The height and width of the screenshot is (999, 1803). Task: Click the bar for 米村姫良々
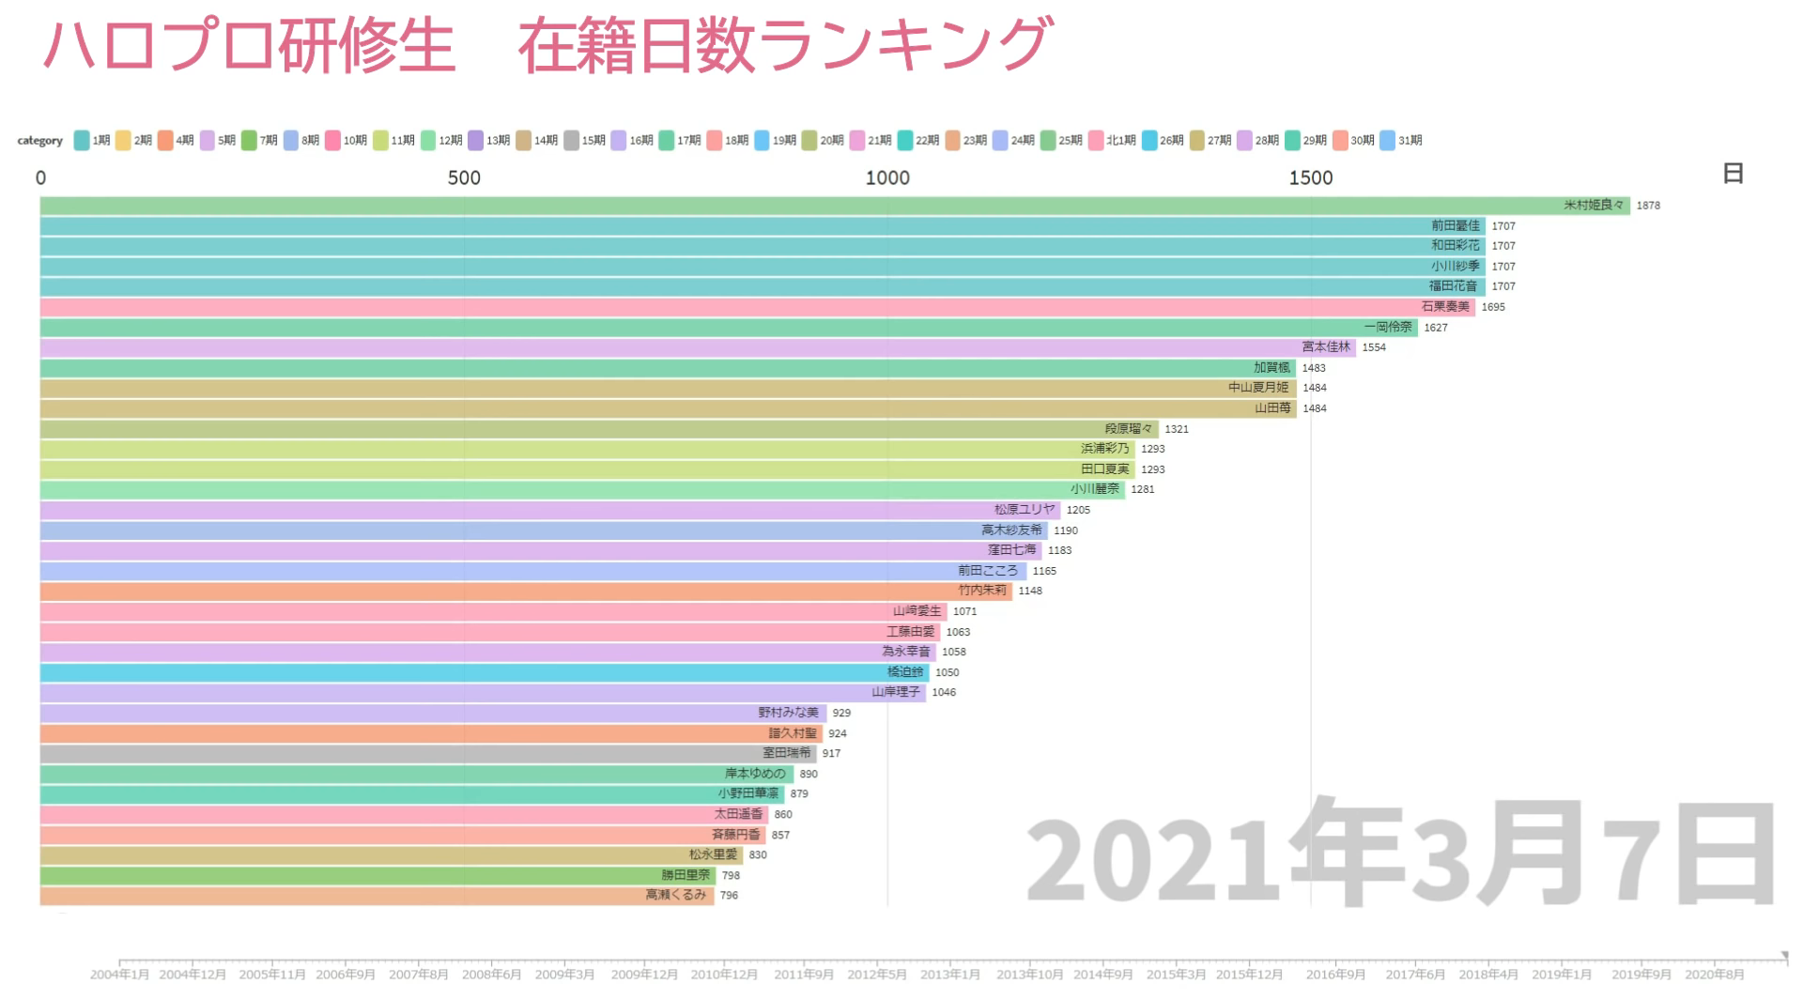coord(834,206)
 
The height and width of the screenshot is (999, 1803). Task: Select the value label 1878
coord(1648,206)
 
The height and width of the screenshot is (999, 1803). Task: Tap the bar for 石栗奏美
coord(757,307)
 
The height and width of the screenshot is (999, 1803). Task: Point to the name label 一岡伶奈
coord(1388,328)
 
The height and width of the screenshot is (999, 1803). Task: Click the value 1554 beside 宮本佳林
coord(1374,347)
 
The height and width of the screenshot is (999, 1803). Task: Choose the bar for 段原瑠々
coord(599,429)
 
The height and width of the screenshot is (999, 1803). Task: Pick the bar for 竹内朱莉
coord(526,591)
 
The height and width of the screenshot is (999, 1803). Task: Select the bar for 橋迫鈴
coord(485,672)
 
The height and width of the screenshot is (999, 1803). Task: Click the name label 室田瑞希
coord(787,753)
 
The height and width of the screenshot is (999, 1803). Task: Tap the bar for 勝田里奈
coord(378,875)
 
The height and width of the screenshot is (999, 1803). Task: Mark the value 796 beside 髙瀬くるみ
coord(730,896)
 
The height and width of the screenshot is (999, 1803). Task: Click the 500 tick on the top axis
coord(464,177)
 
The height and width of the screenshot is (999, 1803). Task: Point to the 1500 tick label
coord(1311,177)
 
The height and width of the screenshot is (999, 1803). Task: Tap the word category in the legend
coord(39,141)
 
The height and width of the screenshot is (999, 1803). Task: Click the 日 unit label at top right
coord(1733,174)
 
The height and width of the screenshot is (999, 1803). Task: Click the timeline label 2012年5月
coord(878,975)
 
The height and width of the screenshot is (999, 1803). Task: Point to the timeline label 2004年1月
coord(119,975)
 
